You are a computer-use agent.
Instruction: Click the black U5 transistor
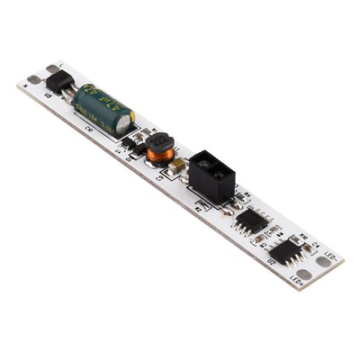tap(59, 82)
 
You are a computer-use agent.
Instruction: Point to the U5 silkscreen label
tap(48, 94)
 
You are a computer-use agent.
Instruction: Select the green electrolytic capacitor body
tap(101, 107)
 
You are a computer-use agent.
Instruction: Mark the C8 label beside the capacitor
tap(88, 129)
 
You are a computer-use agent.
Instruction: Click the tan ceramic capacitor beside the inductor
tap(178, 166)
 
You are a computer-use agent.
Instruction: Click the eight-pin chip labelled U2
tap(286, 252)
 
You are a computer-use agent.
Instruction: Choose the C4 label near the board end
tap(318, 245)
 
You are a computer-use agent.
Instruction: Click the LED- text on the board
tap(330, 256)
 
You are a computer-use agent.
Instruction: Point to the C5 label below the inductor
tap(160, 177)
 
